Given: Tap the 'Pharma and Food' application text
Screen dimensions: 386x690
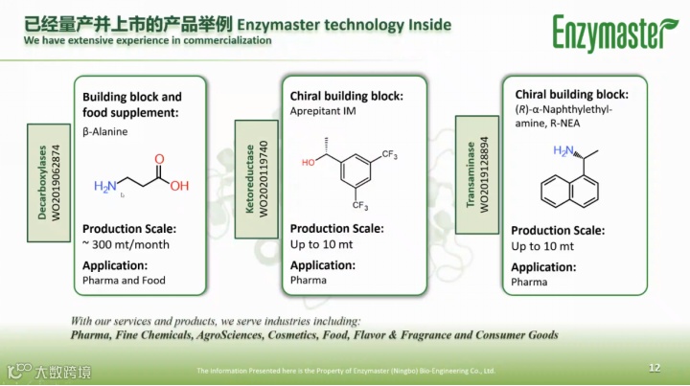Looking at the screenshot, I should (x=124, y=281).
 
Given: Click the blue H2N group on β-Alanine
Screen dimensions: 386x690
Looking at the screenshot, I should (x=104, y=187).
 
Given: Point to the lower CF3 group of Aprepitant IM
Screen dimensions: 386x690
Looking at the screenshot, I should (x=360, y=205).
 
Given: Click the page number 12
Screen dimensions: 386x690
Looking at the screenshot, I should (x=655, y=368).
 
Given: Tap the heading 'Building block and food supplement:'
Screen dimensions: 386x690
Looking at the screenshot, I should (x=131, y=104).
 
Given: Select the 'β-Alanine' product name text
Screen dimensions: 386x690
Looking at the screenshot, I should (x=104, y=131).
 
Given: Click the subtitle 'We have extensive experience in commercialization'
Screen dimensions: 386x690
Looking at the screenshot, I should (x=148, y=41).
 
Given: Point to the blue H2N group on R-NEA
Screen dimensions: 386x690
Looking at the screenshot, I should (x=564, y=150).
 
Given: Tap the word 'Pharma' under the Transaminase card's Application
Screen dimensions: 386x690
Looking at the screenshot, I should (x=529, y=283).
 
